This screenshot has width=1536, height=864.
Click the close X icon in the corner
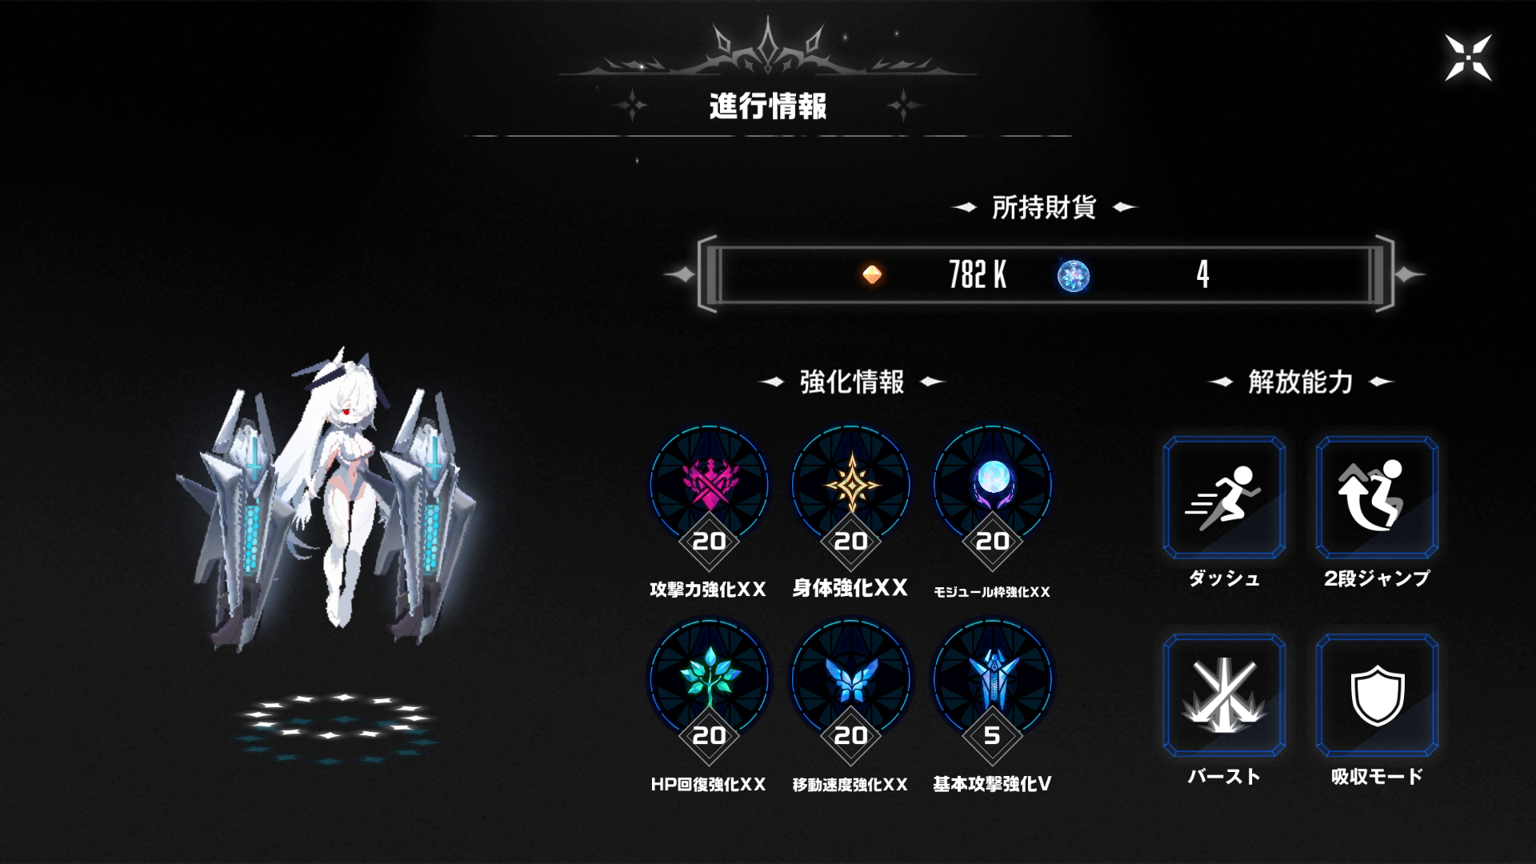tap(1468, 58)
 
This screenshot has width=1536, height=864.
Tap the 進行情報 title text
tap(768, 106)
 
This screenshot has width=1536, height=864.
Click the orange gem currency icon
tap(872, 275)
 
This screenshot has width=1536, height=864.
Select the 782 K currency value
tap(978, 275)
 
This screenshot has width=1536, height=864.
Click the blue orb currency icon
tap(1074, 275)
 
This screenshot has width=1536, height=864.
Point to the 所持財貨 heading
tap(1044, 208)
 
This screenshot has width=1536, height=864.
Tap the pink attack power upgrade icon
tap(709, 485)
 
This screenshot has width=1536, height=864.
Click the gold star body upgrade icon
tap(850, 485)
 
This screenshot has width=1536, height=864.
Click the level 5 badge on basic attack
tap(992, 735)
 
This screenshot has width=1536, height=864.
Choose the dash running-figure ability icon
tap(1224, 497)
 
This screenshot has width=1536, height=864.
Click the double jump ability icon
tap(1377, 497)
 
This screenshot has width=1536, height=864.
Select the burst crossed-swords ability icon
tap(1224, 695)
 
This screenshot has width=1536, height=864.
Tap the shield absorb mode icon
tap(1377, 695)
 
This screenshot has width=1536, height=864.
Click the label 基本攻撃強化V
tap(992, 784)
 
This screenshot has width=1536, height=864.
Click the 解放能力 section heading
tap(1300, 382)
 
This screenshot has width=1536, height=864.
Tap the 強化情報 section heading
tap(852, 382)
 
